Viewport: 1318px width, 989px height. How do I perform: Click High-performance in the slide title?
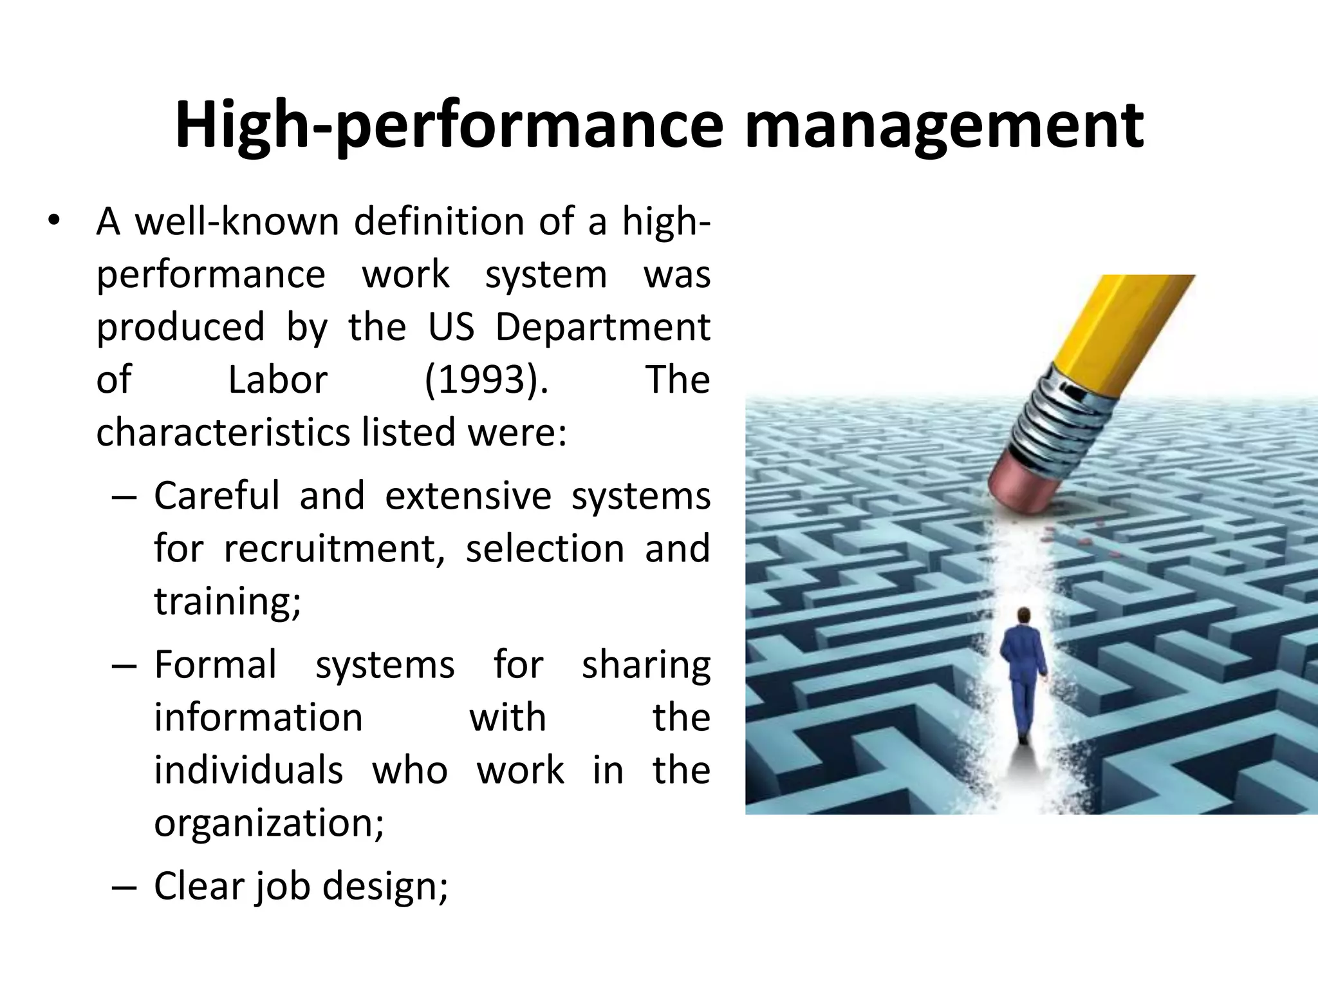coord(449,126)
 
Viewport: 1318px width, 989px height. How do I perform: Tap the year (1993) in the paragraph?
coord(487,380)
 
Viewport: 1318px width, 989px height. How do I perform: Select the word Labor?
coord(278,380)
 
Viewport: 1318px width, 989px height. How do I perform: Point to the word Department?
coord(602,327)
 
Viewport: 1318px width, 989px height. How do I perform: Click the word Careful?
coord(217,496)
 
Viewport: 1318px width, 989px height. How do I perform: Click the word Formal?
coord(216,665)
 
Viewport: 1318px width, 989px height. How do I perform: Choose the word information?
coord(258,718)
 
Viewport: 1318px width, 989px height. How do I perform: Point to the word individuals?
coord(248,771)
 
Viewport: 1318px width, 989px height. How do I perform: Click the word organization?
coord(268,824)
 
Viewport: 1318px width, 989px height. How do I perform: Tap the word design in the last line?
coord(384,887)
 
